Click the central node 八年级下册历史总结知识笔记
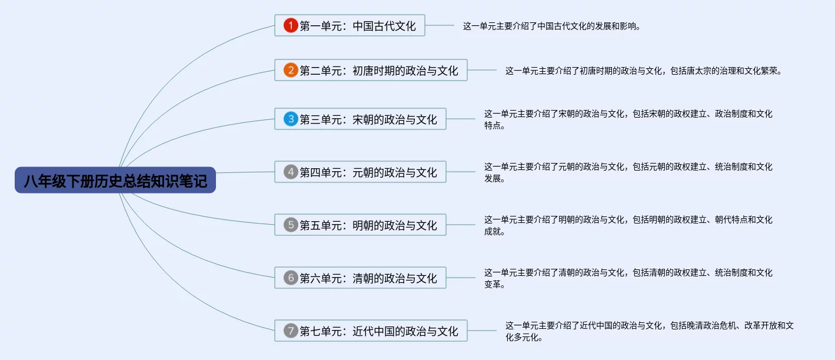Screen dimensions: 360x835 [115, 180]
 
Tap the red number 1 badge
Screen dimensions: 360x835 [291, 25]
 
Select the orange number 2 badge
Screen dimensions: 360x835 [291, 71]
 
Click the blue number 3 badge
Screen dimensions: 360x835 [291, 119]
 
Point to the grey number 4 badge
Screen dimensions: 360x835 [291, 172]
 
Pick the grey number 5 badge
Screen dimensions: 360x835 [291, 225]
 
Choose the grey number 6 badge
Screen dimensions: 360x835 [291, 278]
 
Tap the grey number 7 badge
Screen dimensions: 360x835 [291, 331]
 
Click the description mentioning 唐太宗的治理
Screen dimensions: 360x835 [643, 71]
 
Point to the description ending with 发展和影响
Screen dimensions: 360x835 [551, 26]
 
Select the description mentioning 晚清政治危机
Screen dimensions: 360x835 [650, 331]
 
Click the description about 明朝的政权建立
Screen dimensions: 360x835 [628, 225]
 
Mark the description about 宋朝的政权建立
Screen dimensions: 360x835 [628, 119]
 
